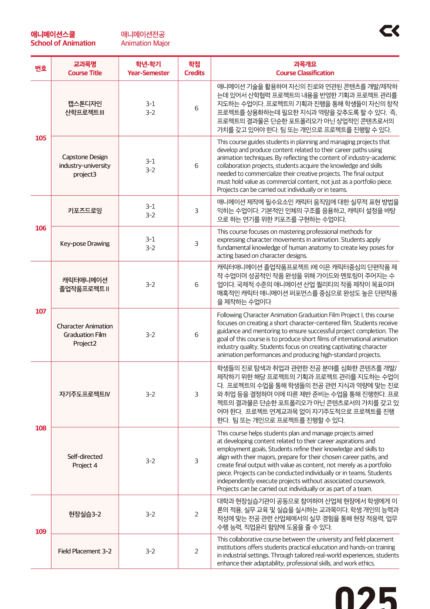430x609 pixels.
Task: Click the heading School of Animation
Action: (63, 43)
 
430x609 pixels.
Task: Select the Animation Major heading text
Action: (145, 43)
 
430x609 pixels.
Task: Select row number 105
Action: (41, 138)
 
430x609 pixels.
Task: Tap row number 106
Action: (41, 228)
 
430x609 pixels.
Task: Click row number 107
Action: (41, 311)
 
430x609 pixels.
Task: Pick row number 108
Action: (41, 428)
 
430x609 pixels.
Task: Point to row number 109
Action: (41, 531)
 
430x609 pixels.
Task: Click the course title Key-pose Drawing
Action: (85, 244)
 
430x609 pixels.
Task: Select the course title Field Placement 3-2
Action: (85, 551)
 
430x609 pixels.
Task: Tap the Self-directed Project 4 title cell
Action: (85, 461)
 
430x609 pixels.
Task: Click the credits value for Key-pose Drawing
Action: (196, 244)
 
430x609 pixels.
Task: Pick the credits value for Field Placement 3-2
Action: (196, 551)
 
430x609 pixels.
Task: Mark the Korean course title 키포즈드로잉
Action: (85, 210)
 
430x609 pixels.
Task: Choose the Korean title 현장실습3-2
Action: (85, 514)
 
